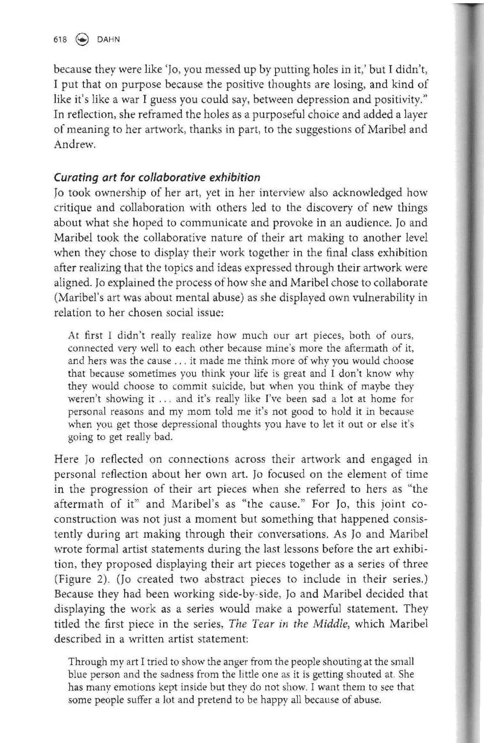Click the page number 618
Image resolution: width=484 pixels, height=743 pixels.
pyautogui.click(x=60, y=40)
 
